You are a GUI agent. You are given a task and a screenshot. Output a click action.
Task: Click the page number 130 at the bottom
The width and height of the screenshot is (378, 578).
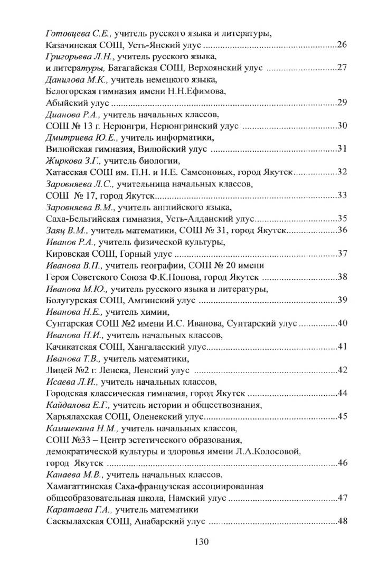[x=202, y=542]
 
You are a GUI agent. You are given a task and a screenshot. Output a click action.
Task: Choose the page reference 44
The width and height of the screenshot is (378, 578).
[x=341, y=393]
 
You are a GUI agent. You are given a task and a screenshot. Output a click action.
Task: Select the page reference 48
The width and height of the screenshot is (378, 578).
[x=341, y=521]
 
